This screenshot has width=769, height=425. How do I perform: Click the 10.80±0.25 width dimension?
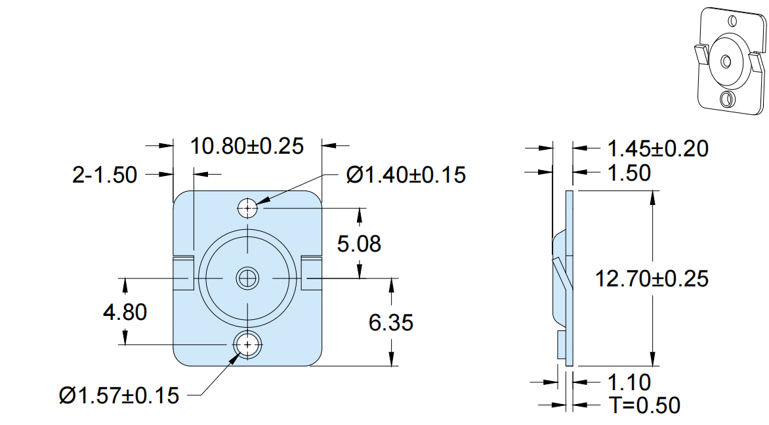coord(247,146)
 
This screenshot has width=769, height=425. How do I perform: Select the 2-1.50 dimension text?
coord(105,175)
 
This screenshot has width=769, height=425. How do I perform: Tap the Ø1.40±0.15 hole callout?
coord(406,175)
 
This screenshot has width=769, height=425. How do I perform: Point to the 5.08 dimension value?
coord(359,244)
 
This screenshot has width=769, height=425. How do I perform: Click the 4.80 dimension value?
coord(125,312)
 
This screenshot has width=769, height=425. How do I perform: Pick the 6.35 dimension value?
coord(391,323)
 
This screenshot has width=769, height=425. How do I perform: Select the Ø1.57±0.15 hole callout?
coord(119,395)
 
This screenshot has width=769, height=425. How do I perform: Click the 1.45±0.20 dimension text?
coord(657,148)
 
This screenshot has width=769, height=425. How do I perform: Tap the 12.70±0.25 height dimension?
coord(652,279)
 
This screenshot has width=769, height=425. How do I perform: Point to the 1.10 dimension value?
coord(629,382)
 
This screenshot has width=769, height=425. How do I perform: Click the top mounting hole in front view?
coord(247,208)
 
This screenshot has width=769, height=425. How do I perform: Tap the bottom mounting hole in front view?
coord(247,344)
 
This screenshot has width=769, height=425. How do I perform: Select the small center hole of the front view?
coord(247,279)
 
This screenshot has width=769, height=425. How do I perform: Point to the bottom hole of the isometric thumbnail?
coord(726,100)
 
